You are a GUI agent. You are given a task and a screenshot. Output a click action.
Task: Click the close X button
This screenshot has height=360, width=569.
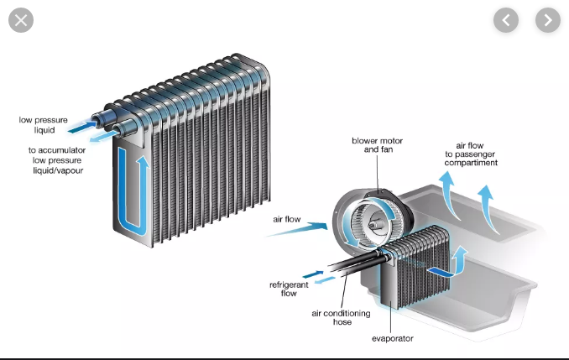[x=21, y=20]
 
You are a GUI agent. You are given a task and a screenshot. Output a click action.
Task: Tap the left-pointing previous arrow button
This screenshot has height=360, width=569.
[x=506, y=20]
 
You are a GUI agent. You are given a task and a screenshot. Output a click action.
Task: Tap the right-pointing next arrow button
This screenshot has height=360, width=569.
[x=547, y=20]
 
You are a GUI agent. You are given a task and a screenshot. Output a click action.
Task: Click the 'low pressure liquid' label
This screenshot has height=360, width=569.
[x=37, y=124]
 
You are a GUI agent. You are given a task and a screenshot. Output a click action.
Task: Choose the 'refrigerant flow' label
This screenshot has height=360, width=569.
[x=288, y=290]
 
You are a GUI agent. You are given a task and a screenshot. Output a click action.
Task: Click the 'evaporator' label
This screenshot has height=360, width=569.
[x=392, y=338]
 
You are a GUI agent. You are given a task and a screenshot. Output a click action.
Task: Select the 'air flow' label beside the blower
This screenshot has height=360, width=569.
[x=287, y=219]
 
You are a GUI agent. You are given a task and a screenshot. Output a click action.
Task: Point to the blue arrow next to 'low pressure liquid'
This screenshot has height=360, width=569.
[x=81, y=126]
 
